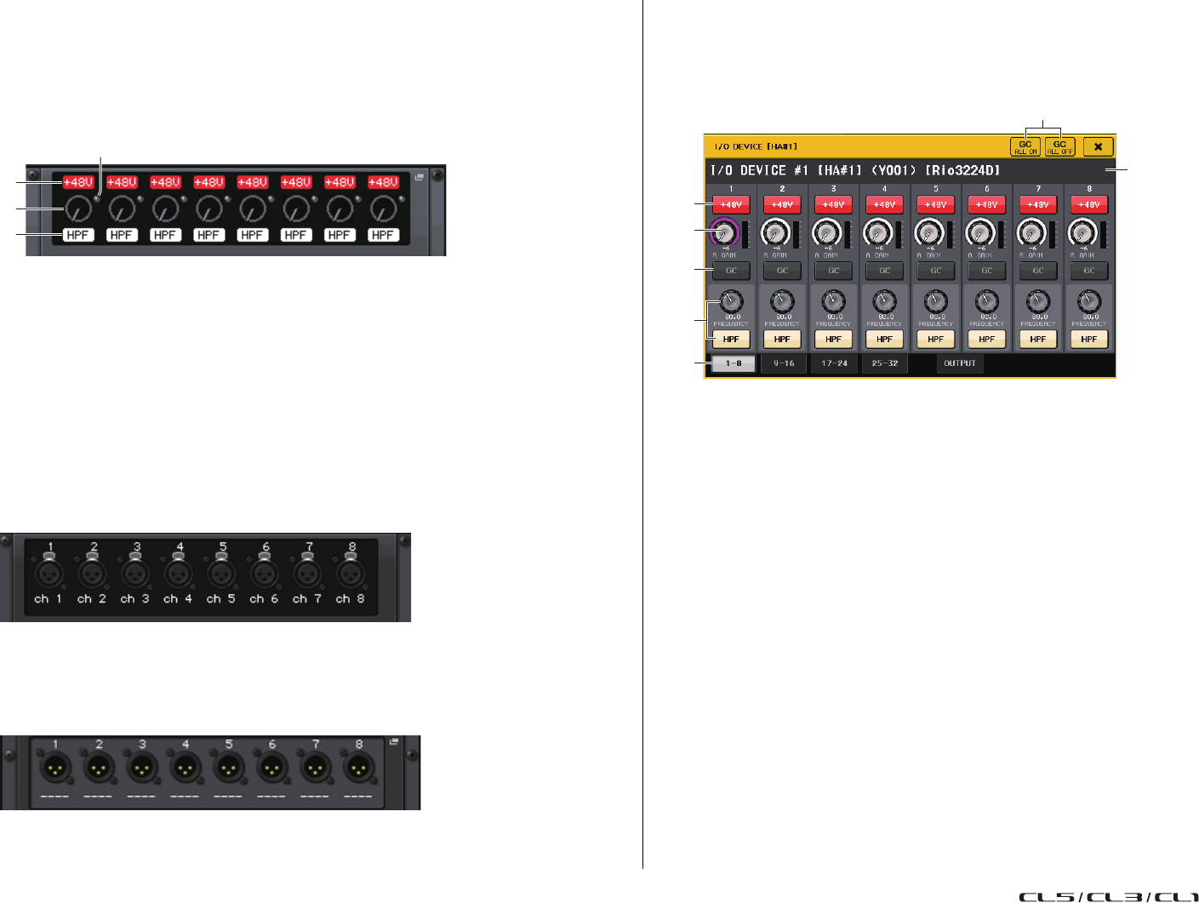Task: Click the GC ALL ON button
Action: pos(1025,147)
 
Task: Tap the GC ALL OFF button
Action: pos(1059,147)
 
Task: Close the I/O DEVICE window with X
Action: pos(1098,147)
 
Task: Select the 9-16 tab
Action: pos(784,363)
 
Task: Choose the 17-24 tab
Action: pos(834,363)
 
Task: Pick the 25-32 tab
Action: pos(885,363)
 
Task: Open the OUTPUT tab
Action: pos(960,363)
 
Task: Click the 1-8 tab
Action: pos(733,363)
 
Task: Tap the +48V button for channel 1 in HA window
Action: pos(731,205)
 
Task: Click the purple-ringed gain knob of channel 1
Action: pos(724,231)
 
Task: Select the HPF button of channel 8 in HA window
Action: pos(1088,339)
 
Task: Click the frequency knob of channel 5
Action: pos(935,301)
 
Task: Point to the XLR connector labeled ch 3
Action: pos(134,574)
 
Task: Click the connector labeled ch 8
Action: pos(350,574)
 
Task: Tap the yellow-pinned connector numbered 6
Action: pos(271,769)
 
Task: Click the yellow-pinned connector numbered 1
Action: pos(55,769)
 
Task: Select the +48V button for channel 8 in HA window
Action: pos(1088,205)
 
